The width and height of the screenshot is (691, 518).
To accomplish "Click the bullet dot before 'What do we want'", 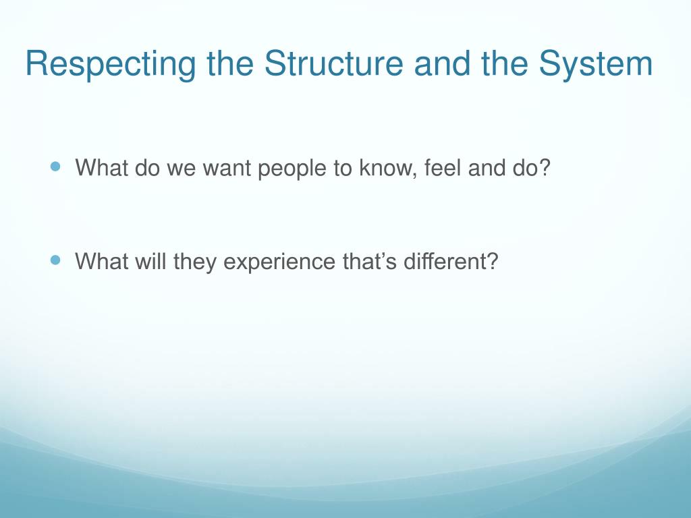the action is [x=55, y=166].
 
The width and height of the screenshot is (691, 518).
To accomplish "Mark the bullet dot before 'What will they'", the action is [x=55, y=260].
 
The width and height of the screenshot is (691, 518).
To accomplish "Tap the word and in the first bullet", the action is [x=487, y=167].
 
